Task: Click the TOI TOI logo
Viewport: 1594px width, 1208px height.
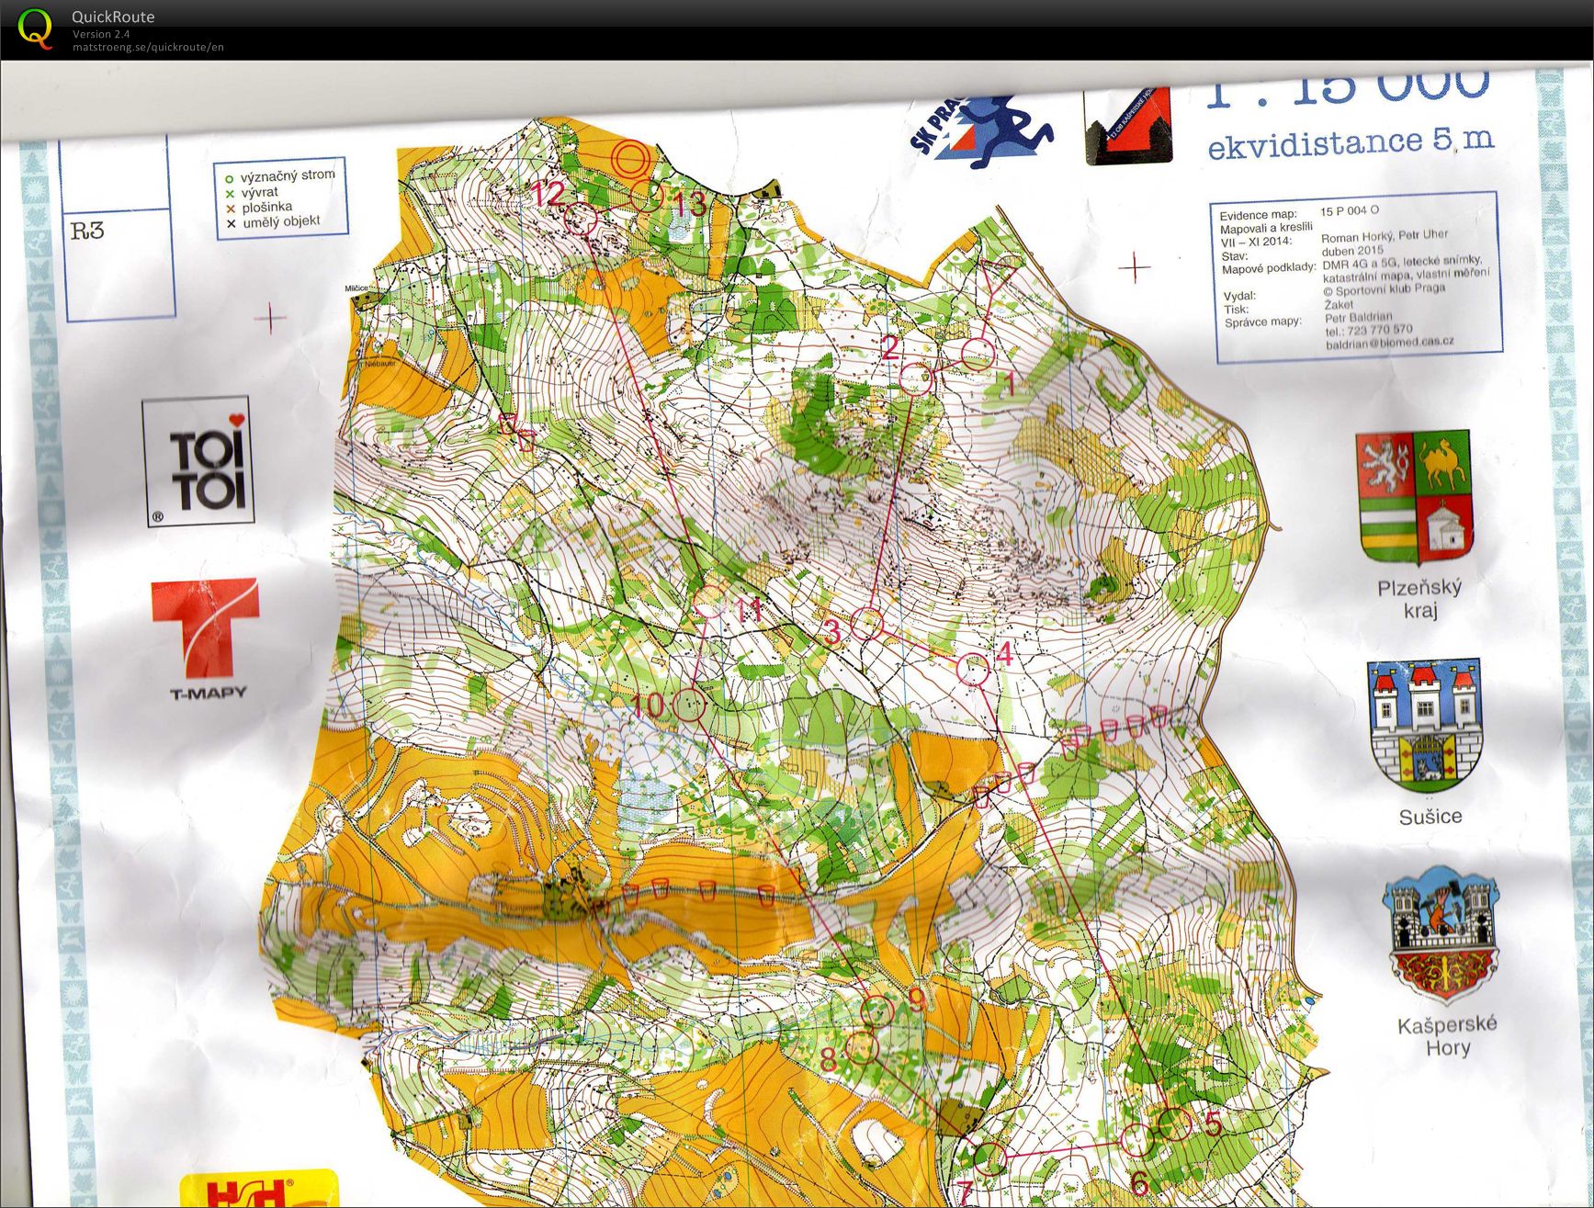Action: pyautogui.click(x=198, y=462)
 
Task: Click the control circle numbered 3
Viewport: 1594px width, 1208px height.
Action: pyautogui.click(x=866, y=624)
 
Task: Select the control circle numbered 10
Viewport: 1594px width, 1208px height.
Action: pyautogui.click(x=689, y=706)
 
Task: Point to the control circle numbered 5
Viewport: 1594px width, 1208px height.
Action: pyautogui.click(x=1173, y=1123)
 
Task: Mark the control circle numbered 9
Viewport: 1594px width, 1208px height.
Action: pyautogui.click(x=876, y=1010)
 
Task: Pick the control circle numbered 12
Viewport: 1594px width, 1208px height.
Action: pyautogui.click(x=581, y=219)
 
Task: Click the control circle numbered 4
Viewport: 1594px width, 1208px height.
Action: pyautogui.click(x=973, y=670)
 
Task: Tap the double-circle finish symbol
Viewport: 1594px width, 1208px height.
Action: pyautogui.click(x=631, y=158)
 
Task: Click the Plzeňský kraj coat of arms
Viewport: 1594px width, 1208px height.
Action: pyautogui.click(x=1415, y=497)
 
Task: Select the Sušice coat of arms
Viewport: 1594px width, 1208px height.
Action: pyautogui.click(x=1426, y=726)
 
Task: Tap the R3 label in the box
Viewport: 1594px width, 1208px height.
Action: pyautogui.click(x=88, y=230)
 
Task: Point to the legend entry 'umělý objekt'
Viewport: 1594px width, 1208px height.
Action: pyautogui.click(x=281, y=221)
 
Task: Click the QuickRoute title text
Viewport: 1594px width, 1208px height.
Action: pyautogui.click(x=113, y=17)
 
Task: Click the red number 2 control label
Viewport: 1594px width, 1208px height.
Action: pyautogui.click(x=889, y=347)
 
